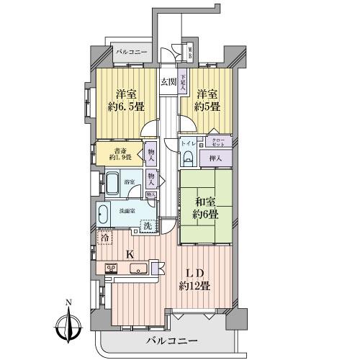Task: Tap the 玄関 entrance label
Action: (168, 81)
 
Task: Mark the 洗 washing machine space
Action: (147, 225)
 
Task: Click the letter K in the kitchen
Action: (130, 253)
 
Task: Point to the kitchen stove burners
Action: (113, 269)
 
